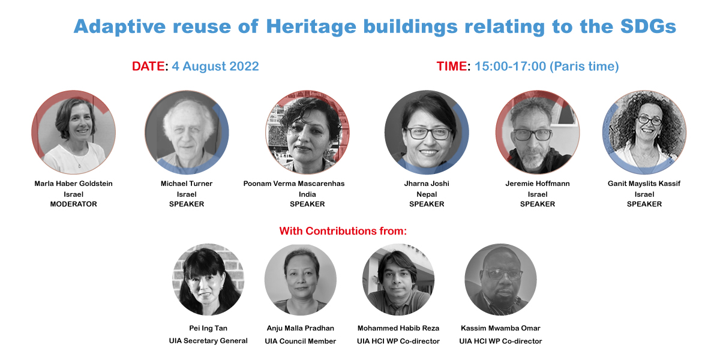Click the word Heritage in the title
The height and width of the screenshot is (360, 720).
tap(311, 26)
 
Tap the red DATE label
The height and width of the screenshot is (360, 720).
tap(148, 66)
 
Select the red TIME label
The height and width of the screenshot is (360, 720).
tap(452, 66)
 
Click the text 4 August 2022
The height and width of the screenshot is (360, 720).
tap(215, 66)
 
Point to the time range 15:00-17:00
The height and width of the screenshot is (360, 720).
tap(510, 66)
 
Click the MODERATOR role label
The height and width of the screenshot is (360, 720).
tap(74, 204)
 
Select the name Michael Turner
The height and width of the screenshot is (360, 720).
tap(187, 184)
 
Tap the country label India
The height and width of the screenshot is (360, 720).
tap(307, 194)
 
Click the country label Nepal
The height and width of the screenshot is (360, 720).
tap(427, 194)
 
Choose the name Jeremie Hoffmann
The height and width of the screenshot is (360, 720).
tap(538, 184)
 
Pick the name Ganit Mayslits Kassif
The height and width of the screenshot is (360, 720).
tap(644, 184)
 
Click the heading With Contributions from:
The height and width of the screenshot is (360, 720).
tap(343, 231)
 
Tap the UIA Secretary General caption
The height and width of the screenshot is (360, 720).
tap(208, 341)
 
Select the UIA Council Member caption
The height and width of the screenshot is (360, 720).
tap(300, 341)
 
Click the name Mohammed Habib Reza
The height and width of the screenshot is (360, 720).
tap(398, 328)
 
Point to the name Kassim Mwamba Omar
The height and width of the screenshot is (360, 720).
tap(500, 328)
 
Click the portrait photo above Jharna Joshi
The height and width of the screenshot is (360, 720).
tap(427, 132)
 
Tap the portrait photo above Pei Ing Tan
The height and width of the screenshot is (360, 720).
tap(208, 280)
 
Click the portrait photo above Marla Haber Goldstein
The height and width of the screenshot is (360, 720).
tap(74, 132)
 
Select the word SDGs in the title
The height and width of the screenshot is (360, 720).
tap(649, 26)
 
